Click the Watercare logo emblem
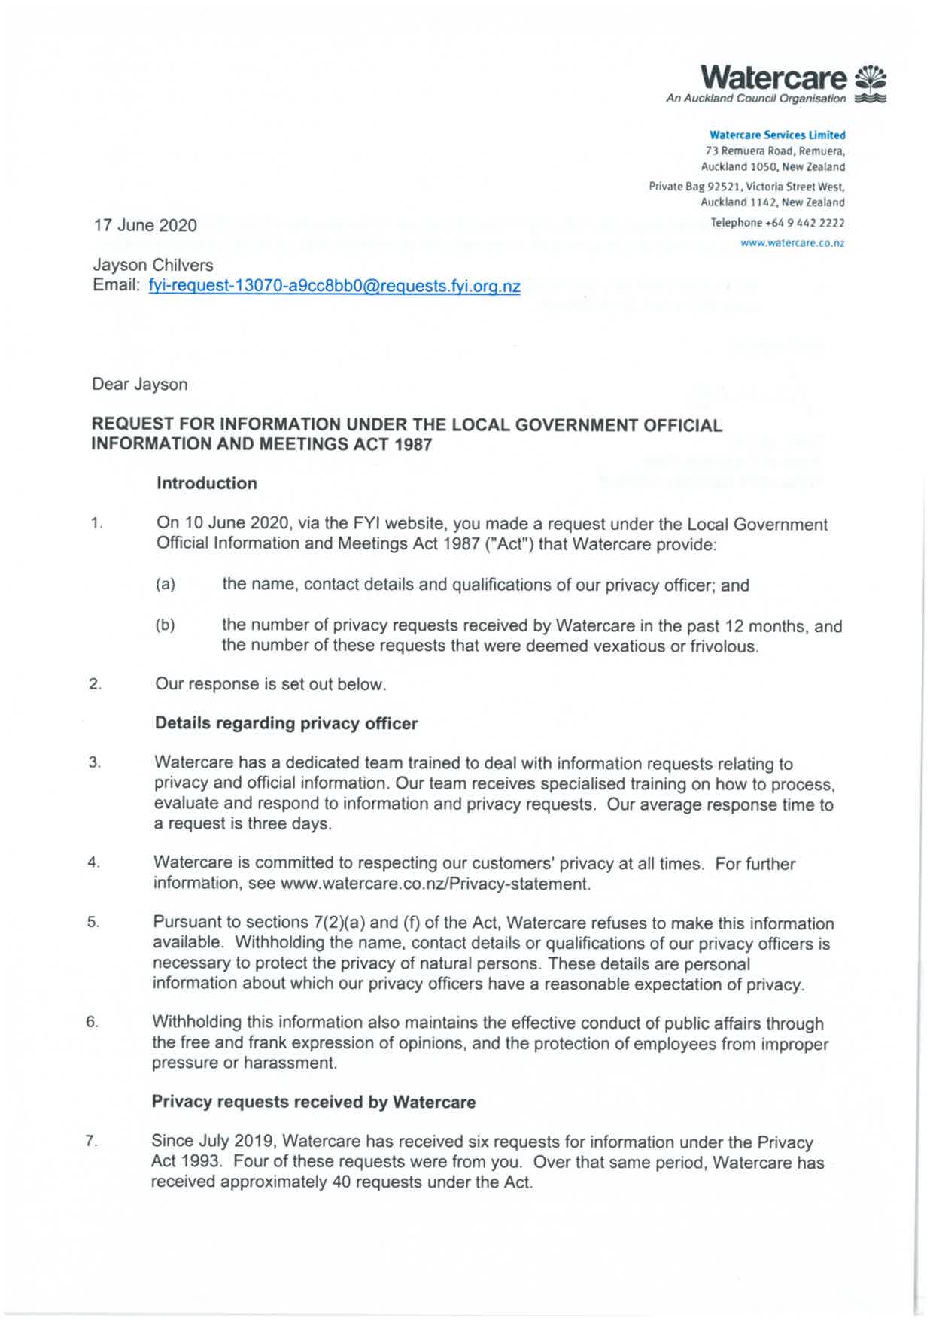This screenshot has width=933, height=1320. coord(871,84)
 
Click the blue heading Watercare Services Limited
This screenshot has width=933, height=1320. coord(777,135)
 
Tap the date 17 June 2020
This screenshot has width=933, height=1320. coord(145,225)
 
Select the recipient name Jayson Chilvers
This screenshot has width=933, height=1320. coord(153,266)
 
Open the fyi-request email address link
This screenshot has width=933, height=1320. coord(334,287)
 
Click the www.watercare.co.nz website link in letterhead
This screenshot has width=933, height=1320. coord(792,243)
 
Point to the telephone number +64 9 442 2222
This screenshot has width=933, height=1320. coord(804,223)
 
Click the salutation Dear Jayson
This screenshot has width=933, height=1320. coord(140,385)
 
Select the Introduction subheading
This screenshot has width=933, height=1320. coord(207,483)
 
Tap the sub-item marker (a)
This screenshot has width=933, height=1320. coord(166,585)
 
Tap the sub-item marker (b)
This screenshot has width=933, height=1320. coord(166,625)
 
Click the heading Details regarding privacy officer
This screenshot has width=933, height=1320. coord(286,724)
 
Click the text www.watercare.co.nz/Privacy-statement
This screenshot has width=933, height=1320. coord(435,884)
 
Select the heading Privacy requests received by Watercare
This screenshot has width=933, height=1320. coord(314,1103)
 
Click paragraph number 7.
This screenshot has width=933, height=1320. coord(92,1142)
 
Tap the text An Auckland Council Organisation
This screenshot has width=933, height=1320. coord(755,99)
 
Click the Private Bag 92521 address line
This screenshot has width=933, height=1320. coord(746,187)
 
